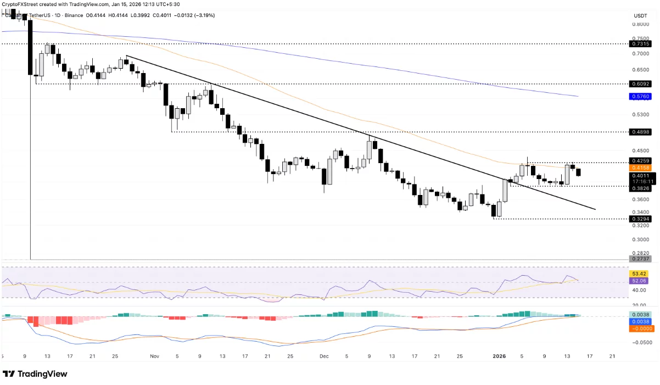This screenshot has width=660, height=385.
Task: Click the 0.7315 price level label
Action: point(640,44)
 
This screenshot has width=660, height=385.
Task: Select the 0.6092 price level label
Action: point(640,84)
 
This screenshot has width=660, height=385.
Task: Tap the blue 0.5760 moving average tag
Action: point(640,96)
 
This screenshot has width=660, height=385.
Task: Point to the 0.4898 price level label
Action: point(640,132)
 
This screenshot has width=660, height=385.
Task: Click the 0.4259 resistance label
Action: point(640,161)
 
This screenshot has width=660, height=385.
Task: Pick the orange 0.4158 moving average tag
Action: point(640,168)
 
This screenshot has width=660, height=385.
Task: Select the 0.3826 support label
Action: point(640,188)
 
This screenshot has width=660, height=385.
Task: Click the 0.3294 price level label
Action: point(640,219)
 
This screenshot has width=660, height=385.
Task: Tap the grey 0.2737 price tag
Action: point(640,259)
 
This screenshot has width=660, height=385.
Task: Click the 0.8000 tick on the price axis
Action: point(640,24)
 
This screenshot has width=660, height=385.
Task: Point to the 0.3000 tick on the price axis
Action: point(640,239)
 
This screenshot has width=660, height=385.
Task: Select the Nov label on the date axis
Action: point(154,356)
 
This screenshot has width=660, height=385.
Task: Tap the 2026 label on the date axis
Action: point(499,356)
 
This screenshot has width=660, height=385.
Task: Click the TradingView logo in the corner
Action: point(35,374)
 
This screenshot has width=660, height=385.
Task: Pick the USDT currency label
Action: point(640,15)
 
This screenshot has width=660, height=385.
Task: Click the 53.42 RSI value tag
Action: point(640,274)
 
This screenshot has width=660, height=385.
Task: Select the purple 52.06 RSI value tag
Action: point(640,281)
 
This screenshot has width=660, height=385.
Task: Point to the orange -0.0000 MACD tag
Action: point(640,329)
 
